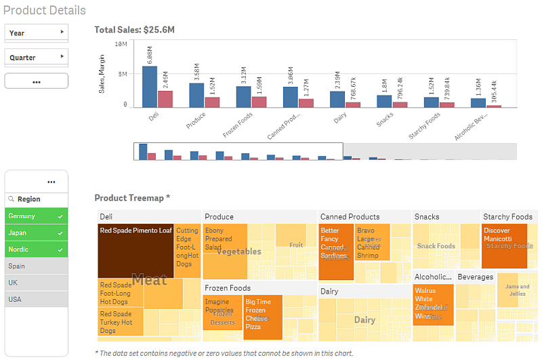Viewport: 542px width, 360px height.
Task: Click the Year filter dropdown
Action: [x=37, y=33]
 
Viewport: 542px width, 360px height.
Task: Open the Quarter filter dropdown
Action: [x=37, y=58]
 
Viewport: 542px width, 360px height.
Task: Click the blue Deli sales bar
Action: [x=150, y=87]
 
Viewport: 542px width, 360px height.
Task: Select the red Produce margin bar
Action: [x=212, y=102]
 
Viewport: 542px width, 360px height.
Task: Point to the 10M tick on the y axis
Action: [x=121, y=44]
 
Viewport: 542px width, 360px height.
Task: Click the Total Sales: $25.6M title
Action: [x=134, y=30]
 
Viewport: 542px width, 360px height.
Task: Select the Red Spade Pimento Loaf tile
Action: [x=135, y=251]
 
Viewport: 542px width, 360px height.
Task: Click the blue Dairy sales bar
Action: [x=337, y=99]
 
